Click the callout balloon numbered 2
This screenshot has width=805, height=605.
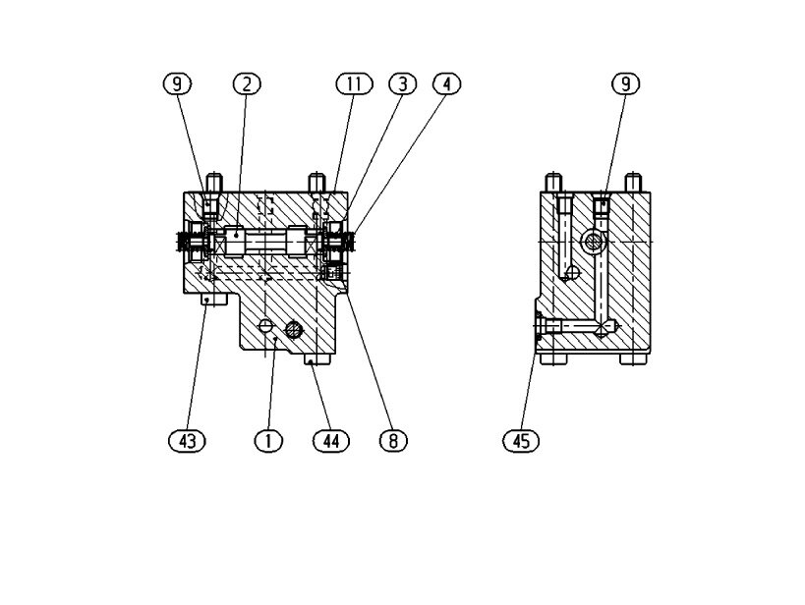(x=247, y=83)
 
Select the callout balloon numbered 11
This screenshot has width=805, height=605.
(x=354, y=83)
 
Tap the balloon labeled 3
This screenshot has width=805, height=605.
(x=403, y=83)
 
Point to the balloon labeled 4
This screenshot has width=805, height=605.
(x=446, y=83)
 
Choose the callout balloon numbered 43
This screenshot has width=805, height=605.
(x=187, y=440)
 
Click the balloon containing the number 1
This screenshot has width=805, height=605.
(x=268, y=440)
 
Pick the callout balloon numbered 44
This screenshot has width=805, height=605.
(x=331, y=440)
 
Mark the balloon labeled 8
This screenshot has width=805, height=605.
(x=393, y=440)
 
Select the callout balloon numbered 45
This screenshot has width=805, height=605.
(x=521, y=440)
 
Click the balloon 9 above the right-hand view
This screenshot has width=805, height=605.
(x=626, y=83)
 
